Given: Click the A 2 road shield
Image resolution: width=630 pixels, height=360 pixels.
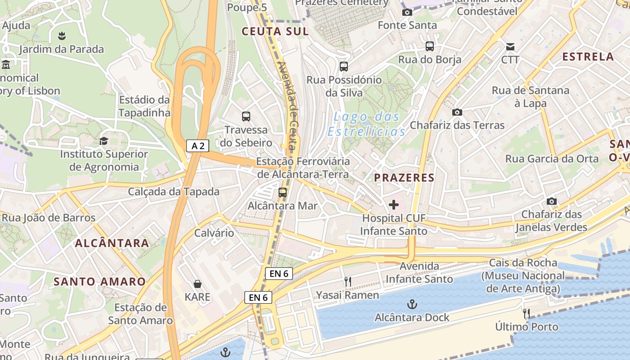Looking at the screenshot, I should pos(198,145).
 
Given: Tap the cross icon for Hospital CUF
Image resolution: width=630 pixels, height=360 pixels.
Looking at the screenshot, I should pos(394,205).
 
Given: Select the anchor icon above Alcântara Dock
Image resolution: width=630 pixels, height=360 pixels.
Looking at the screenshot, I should pos(412,305).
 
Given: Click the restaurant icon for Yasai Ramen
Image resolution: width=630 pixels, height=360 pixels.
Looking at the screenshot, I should pos(347,282).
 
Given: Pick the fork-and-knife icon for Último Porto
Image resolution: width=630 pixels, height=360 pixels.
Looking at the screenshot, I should pos(526,314).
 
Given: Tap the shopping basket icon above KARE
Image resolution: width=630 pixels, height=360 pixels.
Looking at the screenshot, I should pos(197,284).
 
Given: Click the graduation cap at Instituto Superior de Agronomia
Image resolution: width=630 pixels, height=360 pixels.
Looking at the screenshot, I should pos(103,141).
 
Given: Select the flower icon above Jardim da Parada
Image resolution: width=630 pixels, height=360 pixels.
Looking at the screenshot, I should pos(62,36).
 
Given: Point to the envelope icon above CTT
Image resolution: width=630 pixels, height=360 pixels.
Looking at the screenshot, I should pos(510,47).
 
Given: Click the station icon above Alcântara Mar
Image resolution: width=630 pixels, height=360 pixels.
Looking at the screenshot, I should pos(282,193).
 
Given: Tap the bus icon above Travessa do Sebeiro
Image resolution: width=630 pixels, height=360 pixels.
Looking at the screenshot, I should pos(246,117).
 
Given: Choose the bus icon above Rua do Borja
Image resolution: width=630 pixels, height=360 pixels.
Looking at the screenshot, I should pos(430,46).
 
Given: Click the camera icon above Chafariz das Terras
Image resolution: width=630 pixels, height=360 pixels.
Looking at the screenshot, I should pos(457,112).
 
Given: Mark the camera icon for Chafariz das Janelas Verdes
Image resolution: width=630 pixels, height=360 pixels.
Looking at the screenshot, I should pos(551,201).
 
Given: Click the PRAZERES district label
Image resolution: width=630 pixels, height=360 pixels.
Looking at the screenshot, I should pos(405,178).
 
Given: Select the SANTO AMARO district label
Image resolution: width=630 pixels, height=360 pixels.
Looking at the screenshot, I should pos(99,282).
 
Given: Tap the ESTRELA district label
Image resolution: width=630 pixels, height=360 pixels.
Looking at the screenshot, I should pos(588,57).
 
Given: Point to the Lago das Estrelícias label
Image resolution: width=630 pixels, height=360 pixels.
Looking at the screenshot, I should pos(367,124).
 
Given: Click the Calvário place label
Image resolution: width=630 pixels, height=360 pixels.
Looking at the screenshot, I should pos(214,233).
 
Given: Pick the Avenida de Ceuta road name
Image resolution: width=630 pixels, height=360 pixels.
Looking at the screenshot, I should pos(288,106).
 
